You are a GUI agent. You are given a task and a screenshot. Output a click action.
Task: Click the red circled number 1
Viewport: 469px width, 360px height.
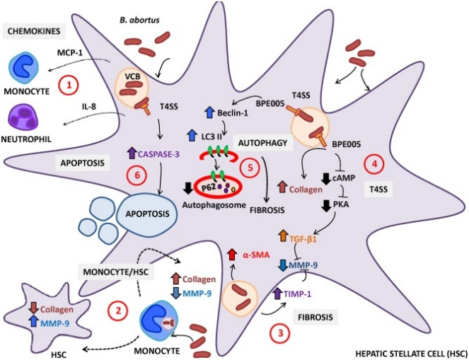tap(69, 86)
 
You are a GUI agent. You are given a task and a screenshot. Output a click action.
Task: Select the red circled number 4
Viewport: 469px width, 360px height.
tap(374, 164)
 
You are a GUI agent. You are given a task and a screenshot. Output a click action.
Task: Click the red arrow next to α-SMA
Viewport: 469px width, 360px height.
tap(231, 255)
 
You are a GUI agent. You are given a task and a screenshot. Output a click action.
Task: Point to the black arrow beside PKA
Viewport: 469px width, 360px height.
tap(326, 206)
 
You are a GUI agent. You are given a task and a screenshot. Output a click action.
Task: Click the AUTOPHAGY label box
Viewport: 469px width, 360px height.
tap(262, 143)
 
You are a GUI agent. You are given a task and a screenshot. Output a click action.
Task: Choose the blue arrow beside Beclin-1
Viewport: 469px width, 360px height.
tap(209, 113)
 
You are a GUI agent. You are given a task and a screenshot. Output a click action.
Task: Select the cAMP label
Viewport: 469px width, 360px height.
tap(344, 178)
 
